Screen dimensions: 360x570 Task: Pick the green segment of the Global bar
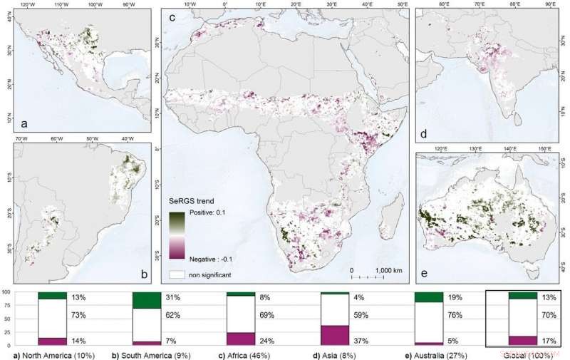pos(523,295)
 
